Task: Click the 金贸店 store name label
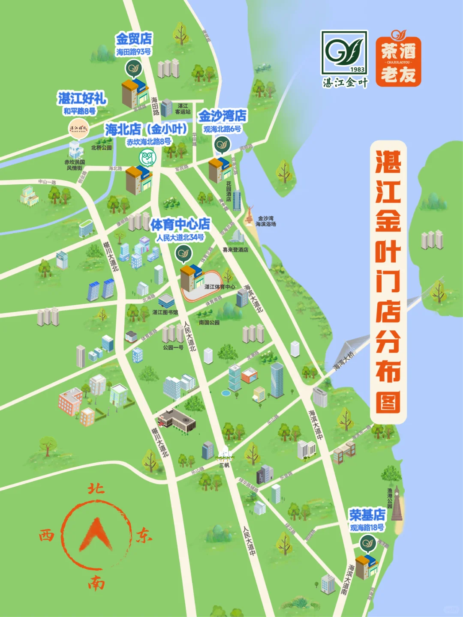[134, 39]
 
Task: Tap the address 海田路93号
[133, 52]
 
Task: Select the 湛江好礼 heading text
[82, 98]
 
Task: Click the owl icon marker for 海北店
[147, 158]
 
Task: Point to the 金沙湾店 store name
[222, 116]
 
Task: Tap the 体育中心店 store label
[180, 224]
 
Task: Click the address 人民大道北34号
[180, 237]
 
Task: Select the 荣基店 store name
[367, 515]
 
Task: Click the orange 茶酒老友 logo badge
[398, 60]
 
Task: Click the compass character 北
[96, 488]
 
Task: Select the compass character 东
[144, 535]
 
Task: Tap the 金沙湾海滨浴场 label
[266, 221]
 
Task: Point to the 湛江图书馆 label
[165, 312]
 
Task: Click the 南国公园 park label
[209, 322]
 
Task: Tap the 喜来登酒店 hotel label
[235, 250]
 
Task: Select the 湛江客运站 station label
[183, 109]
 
